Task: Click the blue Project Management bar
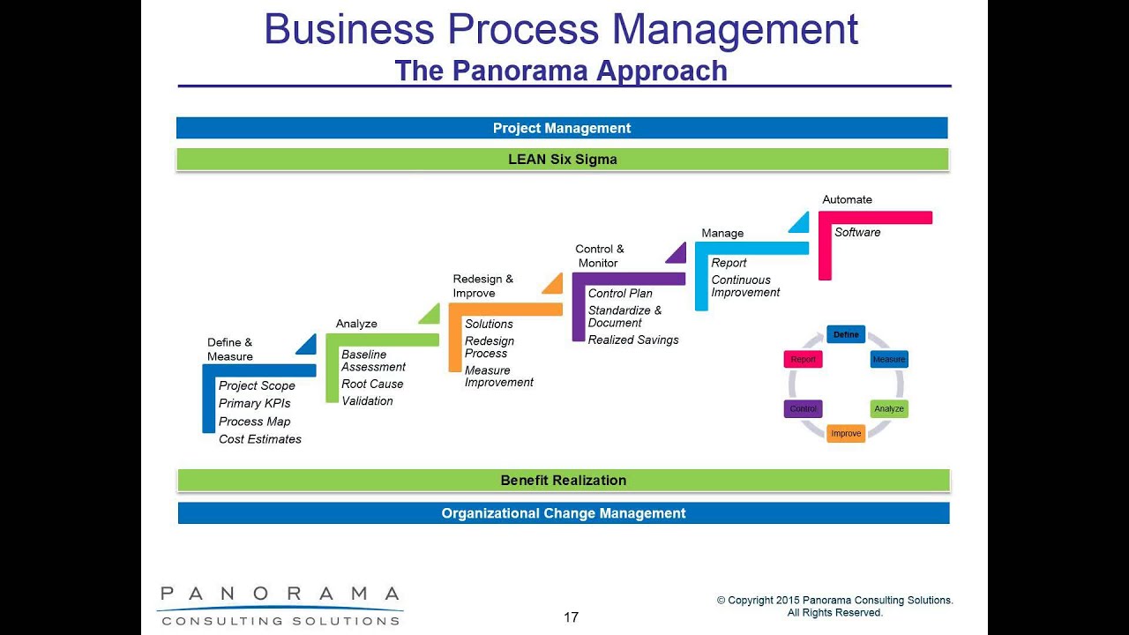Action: coord(562,128)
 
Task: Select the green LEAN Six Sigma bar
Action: coord(562,160)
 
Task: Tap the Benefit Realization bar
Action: coord(563,481)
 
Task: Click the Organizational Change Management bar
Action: coord(563,513)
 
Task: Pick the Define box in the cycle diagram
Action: coord(846,335)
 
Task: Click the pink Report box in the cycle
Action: coord(803,359)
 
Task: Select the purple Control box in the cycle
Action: coord(803,409)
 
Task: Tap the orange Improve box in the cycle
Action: coord(846,434)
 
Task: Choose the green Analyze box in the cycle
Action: coord(889,409)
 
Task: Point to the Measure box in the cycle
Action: coord(889,359)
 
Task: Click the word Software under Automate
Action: coord(857,233)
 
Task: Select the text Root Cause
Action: coord(372,385)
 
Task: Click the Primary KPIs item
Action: coord(254,404)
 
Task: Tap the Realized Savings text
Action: coord(633,340)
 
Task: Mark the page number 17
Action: coord(571,617)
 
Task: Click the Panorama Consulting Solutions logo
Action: coord(280,605)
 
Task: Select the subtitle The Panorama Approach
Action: coord(561,71)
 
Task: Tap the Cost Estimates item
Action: coord(260,439)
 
